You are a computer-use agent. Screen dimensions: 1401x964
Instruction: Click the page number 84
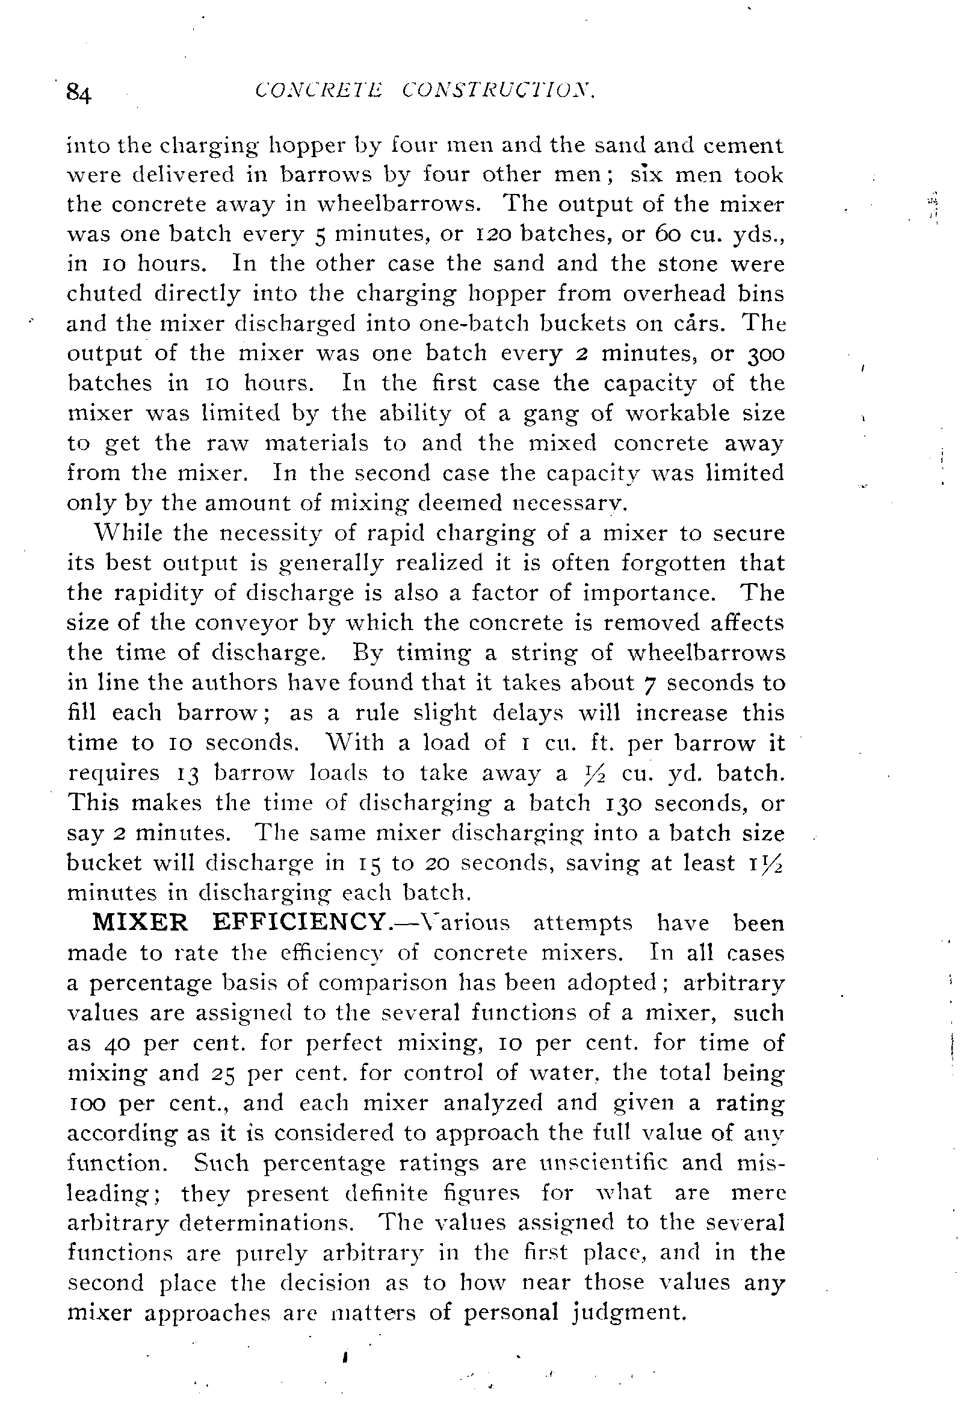(x=78, y=93)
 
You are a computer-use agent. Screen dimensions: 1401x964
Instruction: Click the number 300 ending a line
(x=766, y=353)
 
